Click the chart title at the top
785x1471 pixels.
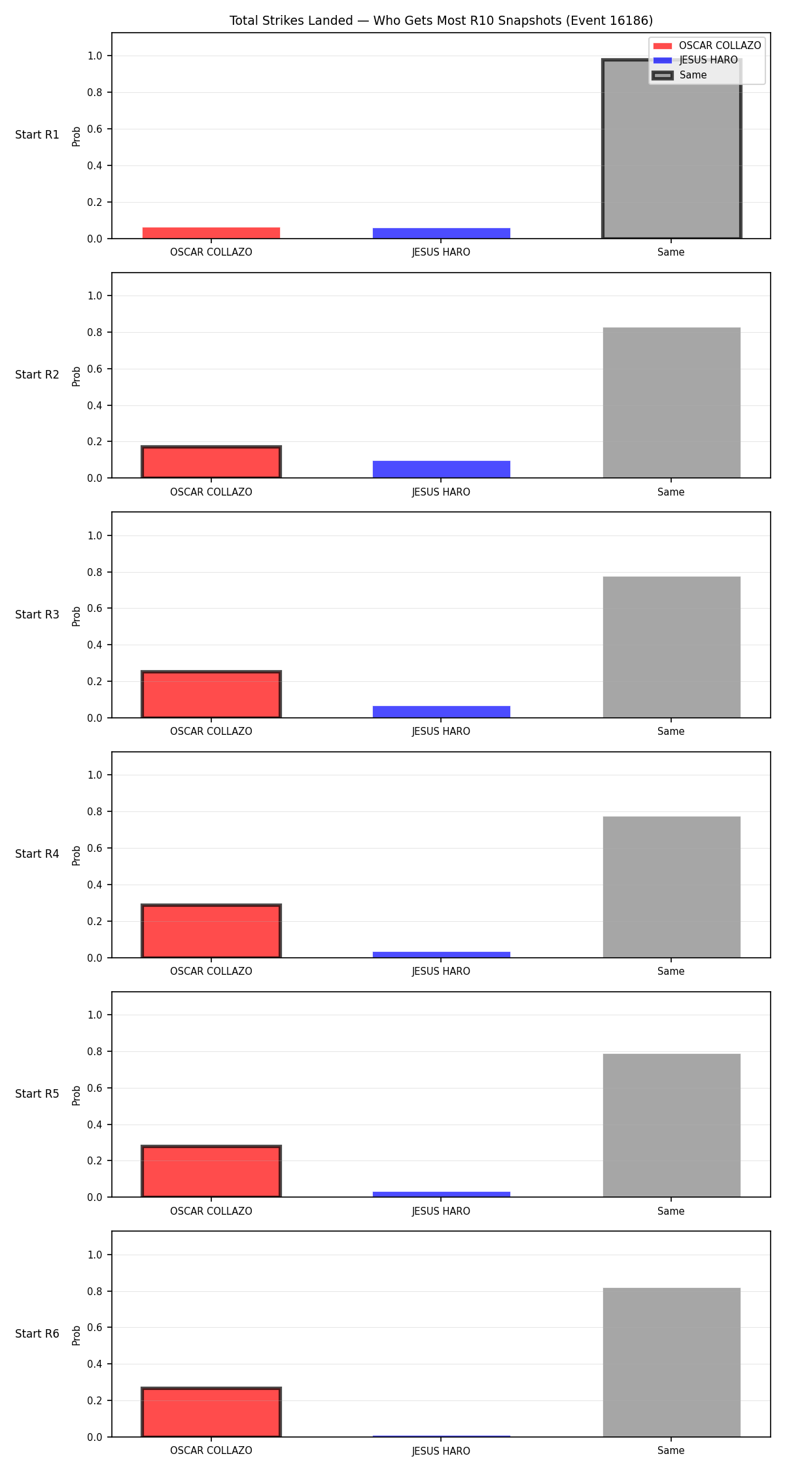pyautogui.click(x=441, y=20)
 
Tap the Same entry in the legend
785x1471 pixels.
pyautogui.click(x=680, y=75)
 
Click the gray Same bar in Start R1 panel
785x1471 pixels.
pyautogui.click(x=671, y=149)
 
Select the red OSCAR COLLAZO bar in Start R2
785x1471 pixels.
pyautogui.click(x=211, y=462)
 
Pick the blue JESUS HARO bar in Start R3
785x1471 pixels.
pyautogui.click(x=441, y=712)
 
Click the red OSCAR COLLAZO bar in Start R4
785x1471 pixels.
pyautogui.click(x=211, y=931)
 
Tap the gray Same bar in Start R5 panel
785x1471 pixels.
pyautogui.click(x=671, y=1126)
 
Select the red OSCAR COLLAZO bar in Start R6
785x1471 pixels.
pyautogui.click(x=211, y=1412)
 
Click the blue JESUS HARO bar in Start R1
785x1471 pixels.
pyautogui.click(x=441, y=233)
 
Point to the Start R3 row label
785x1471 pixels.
pyautogui.click(x=37, y=615)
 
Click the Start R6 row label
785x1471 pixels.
pyautogui.click(x=37, y=1334)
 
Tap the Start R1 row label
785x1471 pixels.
pyautogui.click(x=37, y=135)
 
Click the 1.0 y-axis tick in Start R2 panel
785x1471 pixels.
pyautogui.click(x=96, y=296)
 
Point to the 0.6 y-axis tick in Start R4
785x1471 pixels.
pyautogui.click(x=96, y=848)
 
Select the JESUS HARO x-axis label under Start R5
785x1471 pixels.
pyautogui.click(x=441, y=1211)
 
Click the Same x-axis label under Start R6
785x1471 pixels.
pyautogui.click(x=671, y=1451)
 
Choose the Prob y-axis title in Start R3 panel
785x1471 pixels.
pyautogui.click(x=77, y=616)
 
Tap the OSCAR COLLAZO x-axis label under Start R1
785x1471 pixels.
pyautogui.click(x=211, y=252)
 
